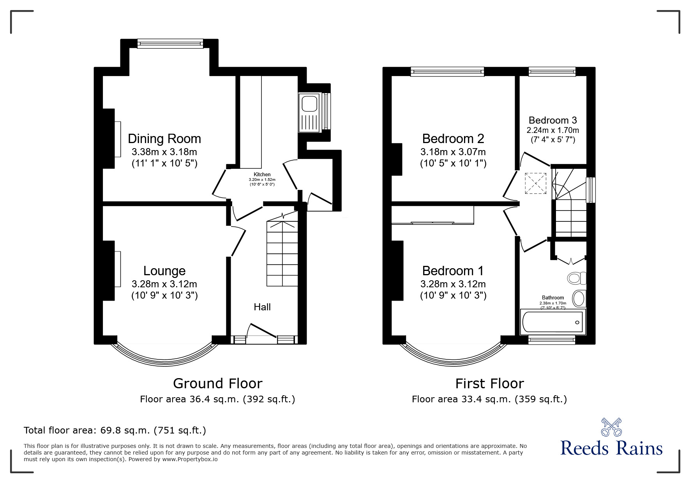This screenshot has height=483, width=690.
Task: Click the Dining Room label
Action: click(164, 139)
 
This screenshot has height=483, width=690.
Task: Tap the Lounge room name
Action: click(164, 271)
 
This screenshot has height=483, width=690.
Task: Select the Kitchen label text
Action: click(262, 175)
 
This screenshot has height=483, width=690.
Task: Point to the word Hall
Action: click(262, 307)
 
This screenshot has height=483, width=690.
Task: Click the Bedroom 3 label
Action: click(553, 120)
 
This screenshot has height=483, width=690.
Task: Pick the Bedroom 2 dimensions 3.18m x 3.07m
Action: click(453, 152)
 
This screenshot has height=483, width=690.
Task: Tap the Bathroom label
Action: click(553, 297)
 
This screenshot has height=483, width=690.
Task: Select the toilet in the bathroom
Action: click(577, 278)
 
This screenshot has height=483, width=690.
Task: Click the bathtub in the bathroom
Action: click(552, 322)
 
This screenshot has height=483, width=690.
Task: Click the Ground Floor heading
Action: click(218, 384)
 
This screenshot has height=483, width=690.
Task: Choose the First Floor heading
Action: click(490, 384)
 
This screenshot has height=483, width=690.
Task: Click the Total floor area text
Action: click(115, 430)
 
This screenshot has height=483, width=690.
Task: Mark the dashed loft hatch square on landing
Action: click(536, 183)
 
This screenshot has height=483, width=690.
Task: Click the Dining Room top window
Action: click(170, 44)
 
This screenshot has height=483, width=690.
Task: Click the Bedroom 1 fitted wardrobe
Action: click(432, 215)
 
